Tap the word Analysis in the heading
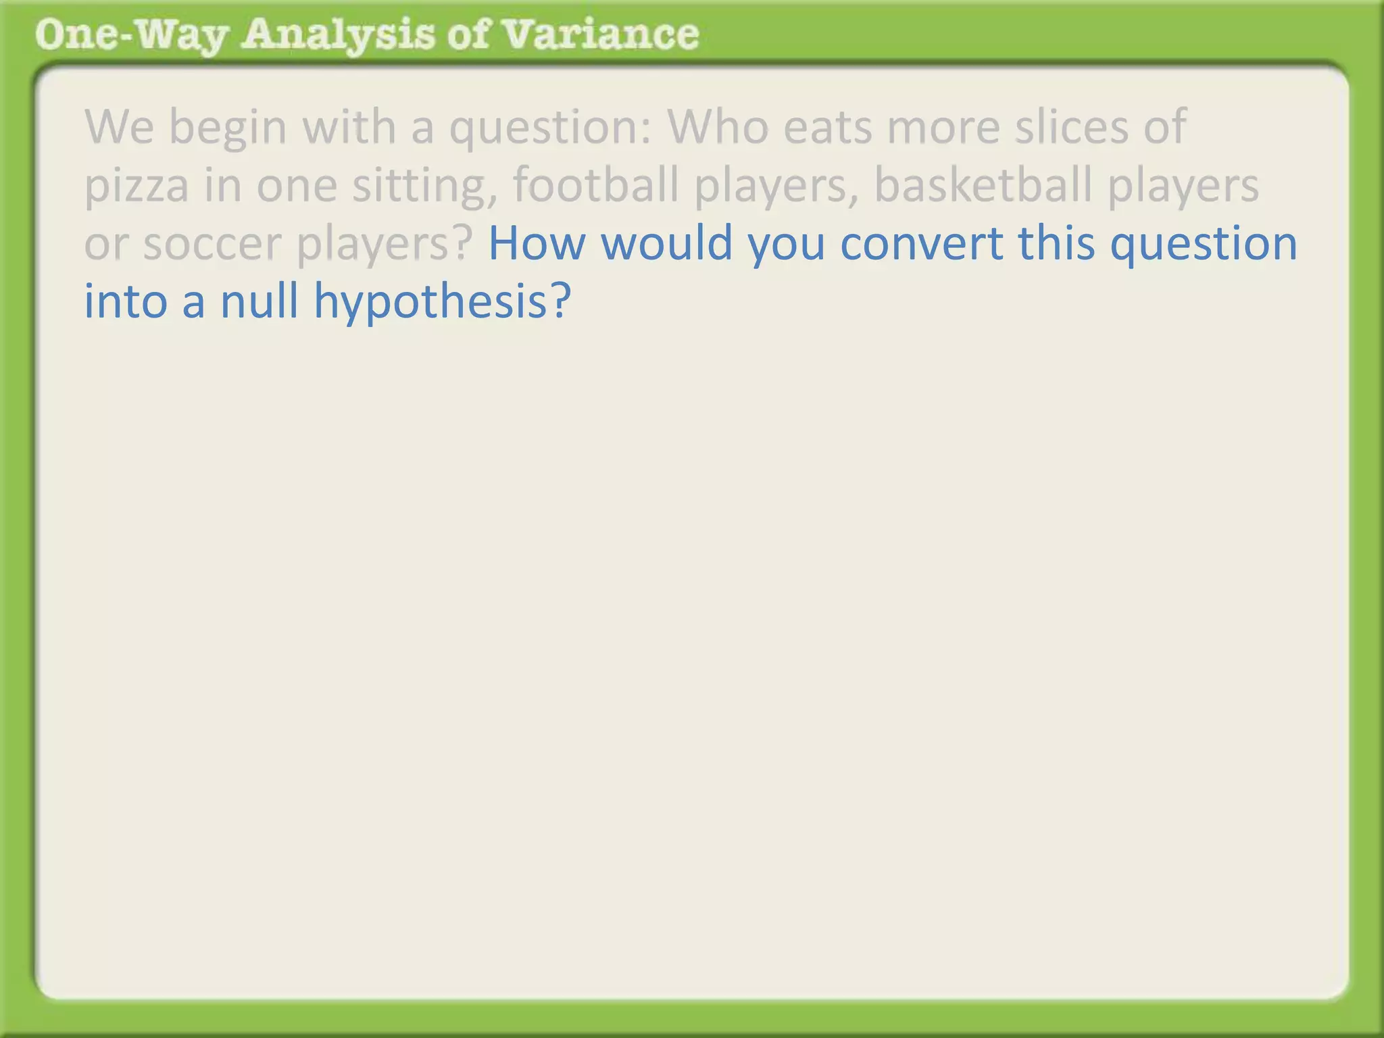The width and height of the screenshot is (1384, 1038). [x=338, y=35]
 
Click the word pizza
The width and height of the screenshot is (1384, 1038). [x=136, y=185]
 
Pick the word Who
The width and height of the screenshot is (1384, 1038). [x=718, y=126]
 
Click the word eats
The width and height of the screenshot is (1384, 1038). [x=827, y=126]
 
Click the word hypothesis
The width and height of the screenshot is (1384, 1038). [x=443, y=301]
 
